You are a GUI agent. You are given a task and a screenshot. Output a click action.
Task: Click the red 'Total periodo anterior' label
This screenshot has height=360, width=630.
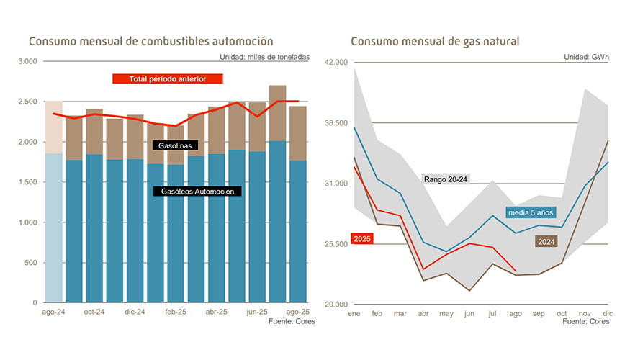pyautogui.click(x=168, y=78)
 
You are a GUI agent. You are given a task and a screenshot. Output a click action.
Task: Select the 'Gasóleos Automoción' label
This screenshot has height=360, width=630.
pyautogui.click(x=197, y=192)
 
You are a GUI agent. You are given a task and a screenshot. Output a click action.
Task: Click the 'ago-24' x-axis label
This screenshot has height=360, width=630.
pyautogui.click(x=53, y=312)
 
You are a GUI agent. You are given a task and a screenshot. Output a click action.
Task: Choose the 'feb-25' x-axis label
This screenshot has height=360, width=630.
pyautogui.click(x=176, y=312)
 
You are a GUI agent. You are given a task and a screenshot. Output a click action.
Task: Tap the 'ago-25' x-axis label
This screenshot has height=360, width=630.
pyautogui.click(x=297, y=312)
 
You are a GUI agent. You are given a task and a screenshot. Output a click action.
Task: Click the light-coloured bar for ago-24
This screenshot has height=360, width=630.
pyautogui.click(x=53, y=216)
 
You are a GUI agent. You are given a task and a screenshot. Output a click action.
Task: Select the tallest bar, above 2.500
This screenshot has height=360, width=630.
pyautogui.click(x=277, y=194)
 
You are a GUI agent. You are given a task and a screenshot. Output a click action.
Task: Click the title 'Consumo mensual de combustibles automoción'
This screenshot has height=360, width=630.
pyautogui.click(x=150, y=42)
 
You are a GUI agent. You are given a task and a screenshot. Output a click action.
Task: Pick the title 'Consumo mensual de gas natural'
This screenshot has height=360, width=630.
pyautogui.click(x=435, y=42)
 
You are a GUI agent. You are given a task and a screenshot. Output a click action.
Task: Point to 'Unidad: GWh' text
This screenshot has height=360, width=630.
pyautogui.click(x=586, y=56)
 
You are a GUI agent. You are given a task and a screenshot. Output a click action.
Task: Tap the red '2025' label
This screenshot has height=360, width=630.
pyautogui.click(x=363, y=238)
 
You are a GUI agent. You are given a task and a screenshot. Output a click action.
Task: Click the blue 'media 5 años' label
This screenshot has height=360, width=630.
pyautogui.click(x=531, y=212)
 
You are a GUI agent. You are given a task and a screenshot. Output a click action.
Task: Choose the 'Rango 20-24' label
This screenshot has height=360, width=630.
pyautogui.click(x=446, y=179)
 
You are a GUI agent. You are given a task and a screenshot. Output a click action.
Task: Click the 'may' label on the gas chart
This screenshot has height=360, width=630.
pyautogui.click(x=446, y=314)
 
